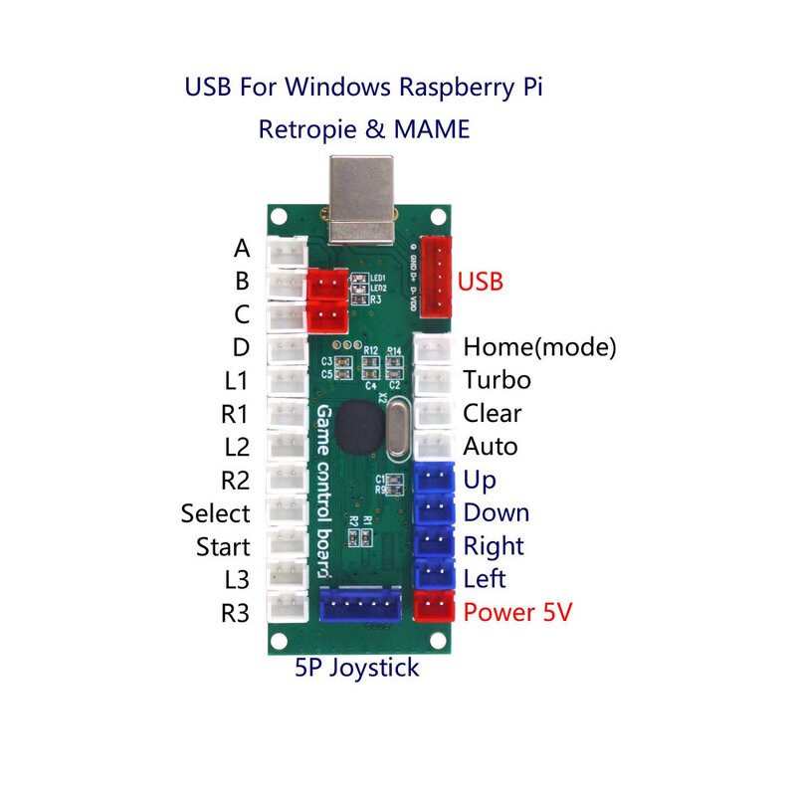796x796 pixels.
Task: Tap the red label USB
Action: pyautogui.click(x=480, y=282)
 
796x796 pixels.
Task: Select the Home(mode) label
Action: pyautogui.click(x=539, y=347)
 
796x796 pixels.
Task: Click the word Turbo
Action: pyautogui.click(x=497, y=380)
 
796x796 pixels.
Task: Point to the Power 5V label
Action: pyautogui.click(x=517, y=612)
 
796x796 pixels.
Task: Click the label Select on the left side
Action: pyautogui.click(x=215, y=513)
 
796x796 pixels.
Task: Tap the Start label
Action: pyautogui.click(x=223, y=546)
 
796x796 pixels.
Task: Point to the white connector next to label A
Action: pyautogui.click(x=289, y=254)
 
